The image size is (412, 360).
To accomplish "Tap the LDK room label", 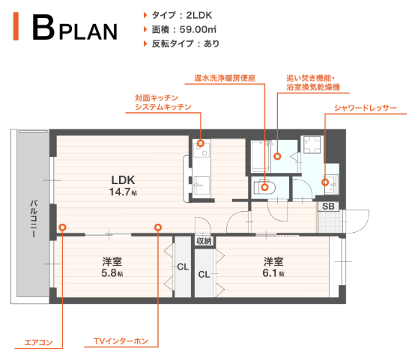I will pyautogui.click(x=122, y=180).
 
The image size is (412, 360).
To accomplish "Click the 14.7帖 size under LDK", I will pyautogui.click(x=123, y=192).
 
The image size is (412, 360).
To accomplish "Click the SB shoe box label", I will pyautogui.click(x=329, y=206).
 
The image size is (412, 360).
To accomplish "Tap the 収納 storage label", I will pyautogui.click(x=204, y=241).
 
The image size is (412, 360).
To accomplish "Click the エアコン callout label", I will pyautogui.click(x=38, y=343).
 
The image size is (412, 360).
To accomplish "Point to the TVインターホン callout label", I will pyautogui.click(x=121, y=342).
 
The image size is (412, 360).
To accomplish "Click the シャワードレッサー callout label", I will pyautogui.click(x=366, y=108).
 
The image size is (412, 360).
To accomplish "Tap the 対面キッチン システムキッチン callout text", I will pyautogui.click(x=163, y=103).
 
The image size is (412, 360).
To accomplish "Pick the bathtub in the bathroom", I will pyautogui.click(x=260, y=156).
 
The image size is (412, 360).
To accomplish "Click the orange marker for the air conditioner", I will pyautogui.click(x=62, y=227).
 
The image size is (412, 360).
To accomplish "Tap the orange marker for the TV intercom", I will pyautogui.click(x=158, y=227).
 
